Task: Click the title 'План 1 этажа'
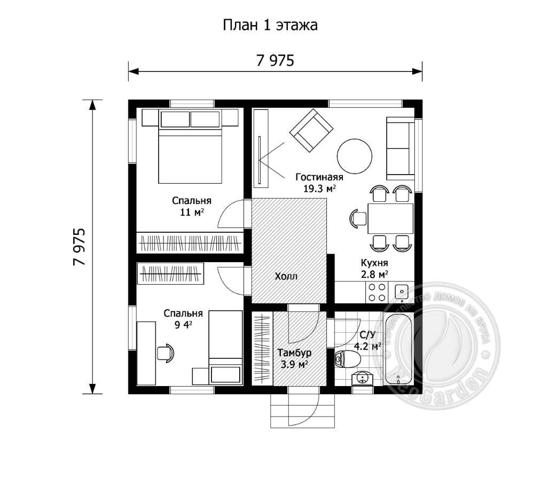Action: click(270, 26)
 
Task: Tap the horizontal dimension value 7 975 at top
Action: click(275, 61)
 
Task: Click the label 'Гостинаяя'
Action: click(319, 177)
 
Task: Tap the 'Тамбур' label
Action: click(294, 353)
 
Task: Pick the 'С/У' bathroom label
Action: click(368, 335)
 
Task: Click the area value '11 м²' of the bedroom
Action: click(192, 212)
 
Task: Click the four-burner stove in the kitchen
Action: click(376, 292)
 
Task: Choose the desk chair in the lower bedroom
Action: click(167, 353)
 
